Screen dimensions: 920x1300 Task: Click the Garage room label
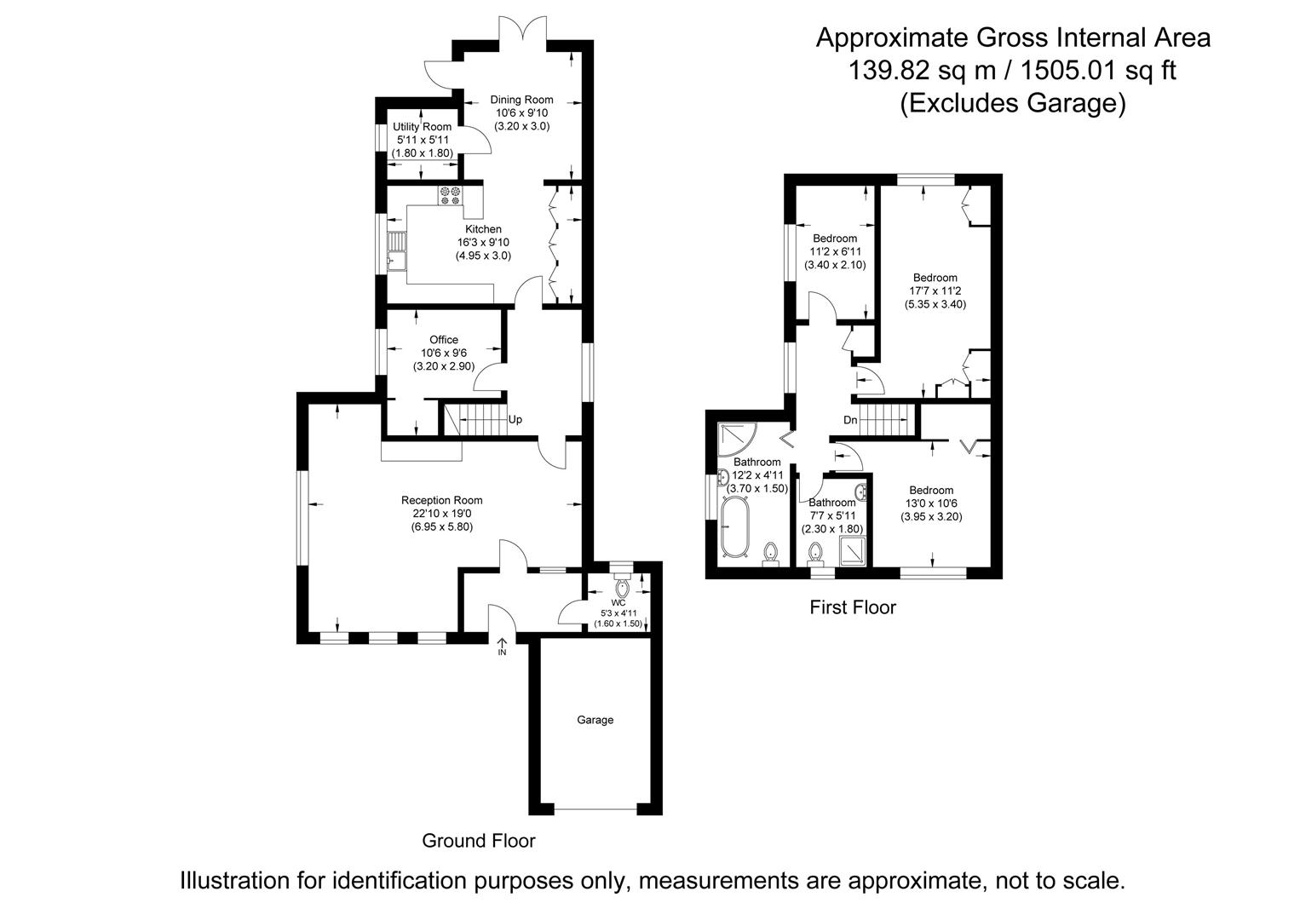[595, 720]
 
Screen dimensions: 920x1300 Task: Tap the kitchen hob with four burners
[450, 195]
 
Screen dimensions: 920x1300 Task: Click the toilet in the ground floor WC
[621, 588]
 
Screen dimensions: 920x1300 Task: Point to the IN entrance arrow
[502, 647]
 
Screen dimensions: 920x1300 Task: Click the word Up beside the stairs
[515, 419]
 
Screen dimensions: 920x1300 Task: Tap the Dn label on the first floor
[850, 420]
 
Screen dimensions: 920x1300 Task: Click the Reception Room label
[441, 500]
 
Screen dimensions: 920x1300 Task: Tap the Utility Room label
[423, 127]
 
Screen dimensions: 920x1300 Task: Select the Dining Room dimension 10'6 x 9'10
[521, 112]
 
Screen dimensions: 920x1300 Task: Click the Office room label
[443, 340]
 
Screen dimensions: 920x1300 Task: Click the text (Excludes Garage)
[1012, 103]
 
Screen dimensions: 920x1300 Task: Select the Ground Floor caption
[478, 841]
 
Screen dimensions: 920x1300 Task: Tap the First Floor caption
[852, 607]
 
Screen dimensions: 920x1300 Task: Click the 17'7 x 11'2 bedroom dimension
[935, 290]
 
